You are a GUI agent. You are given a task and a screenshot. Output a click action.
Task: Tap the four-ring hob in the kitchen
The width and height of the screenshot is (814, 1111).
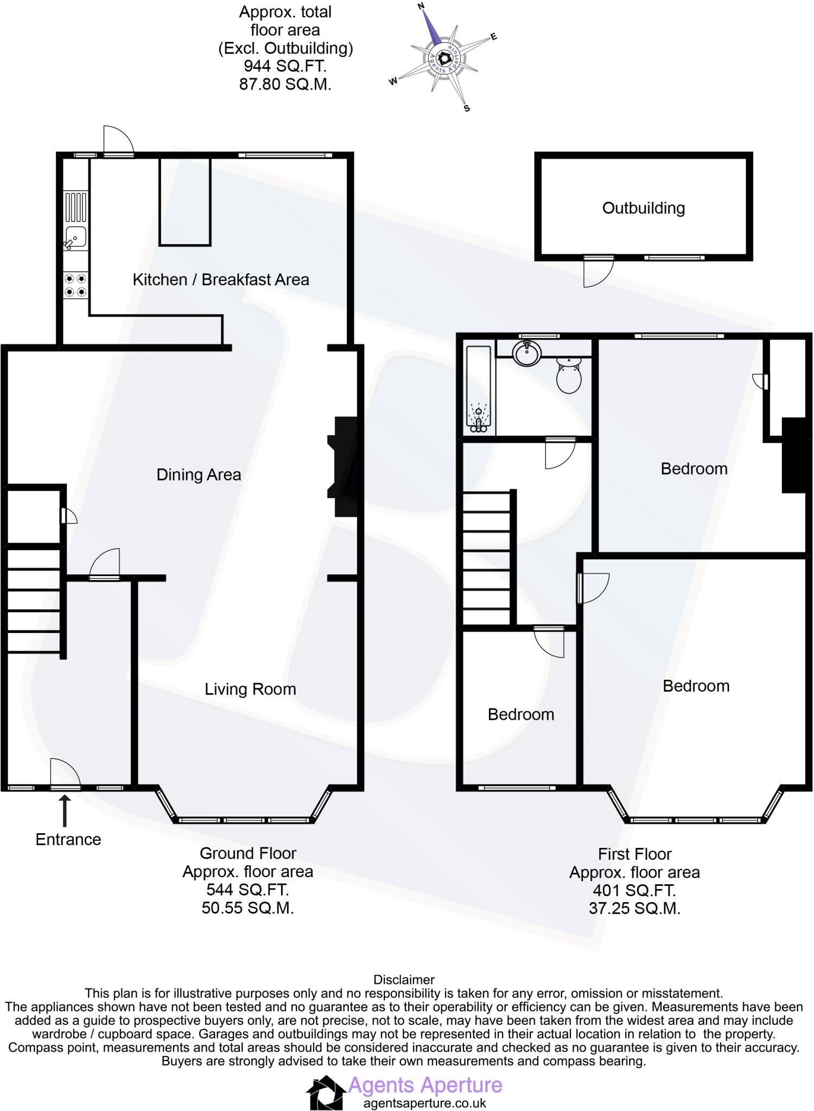pyautogui.click(x=76, y=285)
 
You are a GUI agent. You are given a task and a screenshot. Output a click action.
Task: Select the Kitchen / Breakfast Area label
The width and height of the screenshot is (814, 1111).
pyautogui.click(x=221, y=280)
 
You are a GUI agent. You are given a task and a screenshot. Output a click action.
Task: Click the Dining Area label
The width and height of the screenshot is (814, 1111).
pyautogui.click(x=199, y=475)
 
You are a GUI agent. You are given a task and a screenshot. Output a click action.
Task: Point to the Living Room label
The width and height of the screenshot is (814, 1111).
pyautogui.click(x=250, y=689)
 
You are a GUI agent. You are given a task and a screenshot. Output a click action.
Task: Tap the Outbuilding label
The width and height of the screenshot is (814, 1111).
pyautogui.click(x=644, y=208)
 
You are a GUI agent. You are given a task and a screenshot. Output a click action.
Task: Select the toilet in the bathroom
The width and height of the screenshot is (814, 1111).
pyautogui.click(x=569, y=375)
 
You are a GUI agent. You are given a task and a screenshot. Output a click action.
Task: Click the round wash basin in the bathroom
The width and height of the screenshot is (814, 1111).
pyautogui.click(x=526, y=355)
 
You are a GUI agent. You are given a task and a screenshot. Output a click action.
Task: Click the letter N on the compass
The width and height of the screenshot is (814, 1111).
pyautogui.click(x=421, y=7)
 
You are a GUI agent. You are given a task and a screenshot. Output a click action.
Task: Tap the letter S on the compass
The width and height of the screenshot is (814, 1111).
pyautogui.click(x=467, y=108)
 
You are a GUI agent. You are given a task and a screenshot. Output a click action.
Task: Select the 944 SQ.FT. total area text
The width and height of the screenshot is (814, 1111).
pyautogui.click(x=285, y=66)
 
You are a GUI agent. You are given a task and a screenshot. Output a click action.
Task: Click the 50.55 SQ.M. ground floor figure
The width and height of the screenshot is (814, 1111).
pyautogui.click(x=247, y=908)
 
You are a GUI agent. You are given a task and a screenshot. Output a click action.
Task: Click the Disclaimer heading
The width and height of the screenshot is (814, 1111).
pyautogui.click(x=404, y=980)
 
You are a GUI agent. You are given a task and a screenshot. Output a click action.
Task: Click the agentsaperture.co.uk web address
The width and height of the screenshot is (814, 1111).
pyautogui.click(x=425, y=1103)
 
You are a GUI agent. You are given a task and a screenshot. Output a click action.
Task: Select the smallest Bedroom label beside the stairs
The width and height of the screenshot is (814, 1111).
pyautogui.click(x=521, y=714)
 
